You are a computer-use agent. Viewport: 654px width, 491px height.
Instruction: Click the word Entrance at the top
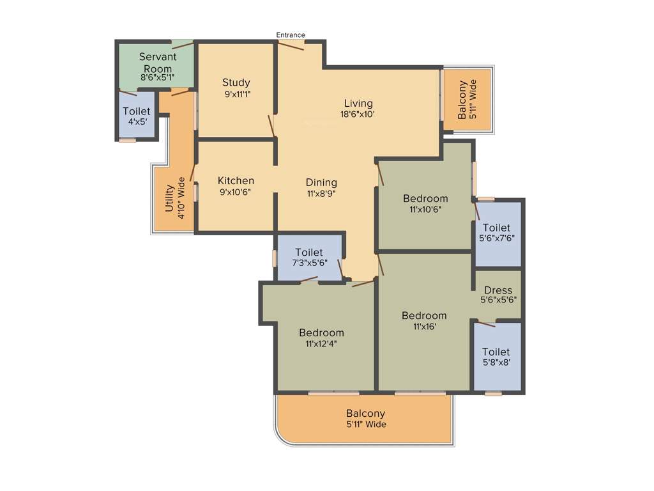291,35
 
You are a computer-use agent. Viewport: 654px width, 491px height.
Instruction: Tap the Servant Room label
156,63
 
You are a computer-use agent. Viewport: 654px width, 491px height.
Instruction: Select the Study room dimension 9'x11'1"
236,94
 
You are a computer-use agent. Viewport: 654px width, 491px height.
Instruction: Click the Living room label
358,103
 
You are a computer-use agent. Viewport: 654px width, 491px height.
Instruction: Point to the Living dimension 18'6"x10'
358,114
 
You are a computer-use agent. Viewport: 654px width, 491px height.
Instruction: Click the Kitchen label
236,181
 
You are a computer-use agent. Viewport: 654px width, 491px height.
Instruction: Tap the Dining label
321,182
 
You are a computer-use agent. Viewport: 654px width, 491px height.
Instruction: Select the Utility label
169,198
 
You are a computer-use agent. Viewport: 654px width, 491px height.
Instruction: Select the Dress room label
498,290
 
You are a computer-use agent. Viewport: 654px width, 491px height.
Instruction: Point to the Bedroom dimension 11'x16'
424,327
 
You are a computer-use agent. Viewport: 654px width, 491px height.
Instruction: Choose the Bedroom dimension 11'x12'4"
321,343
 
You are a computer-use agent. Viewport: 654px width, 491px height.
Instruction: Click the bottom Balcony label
366,414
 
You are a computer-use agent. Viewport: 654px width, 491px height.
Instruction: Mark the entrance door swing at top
291,45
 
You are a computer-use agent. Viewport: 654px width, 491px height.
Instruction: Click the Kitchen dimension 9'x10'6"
236,192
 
